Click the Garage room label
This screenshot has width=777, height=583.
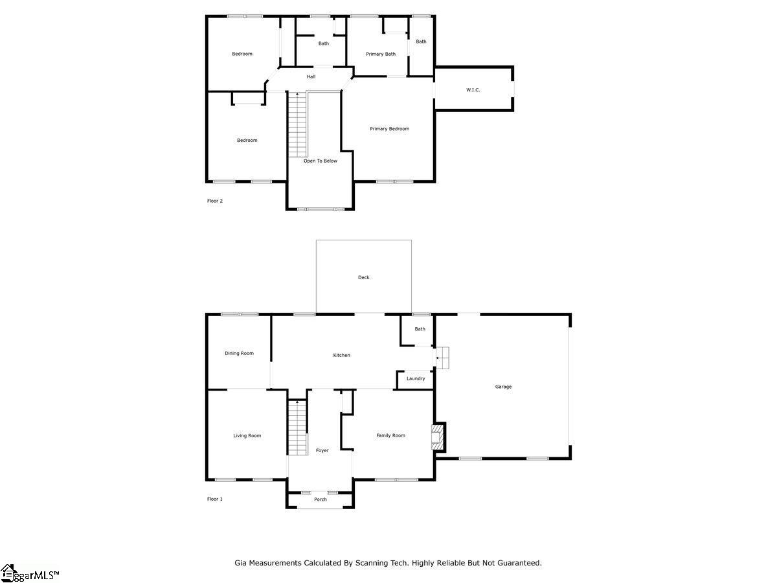pos(503,387)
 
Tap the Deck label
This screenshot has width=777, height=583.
pos(363,277)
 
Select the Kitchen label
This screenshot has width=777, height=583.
pos(341,355)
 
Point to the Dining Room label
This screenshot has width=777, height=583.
pos(239,353)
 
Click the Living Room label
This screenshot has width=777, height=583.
pos(247,436)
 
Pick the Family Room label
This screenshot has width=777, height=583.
pos(390,435)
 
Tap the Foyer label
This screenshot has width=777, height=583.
pos(322,451)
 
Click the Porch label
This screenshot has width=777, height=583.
pos(321,499)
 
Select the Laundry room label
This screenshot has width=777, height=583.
pos(416,378)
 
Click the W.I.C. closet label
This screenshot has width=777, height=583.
pos(473,90)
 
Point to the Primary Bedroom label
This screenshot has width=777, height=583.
pos(389,129)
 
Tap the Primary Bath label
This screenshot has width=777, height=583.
pos(381,54)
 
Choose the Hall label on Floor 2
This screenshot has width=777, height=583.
pos(311,76)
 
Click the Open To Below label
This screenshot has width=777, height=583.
pos(321,161)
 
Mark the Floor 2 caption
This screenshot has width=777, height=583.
pos(215,201)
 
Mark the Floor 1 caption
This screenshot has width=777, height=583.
pos(215,499)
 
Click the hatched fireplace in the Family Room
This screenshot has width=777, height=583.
pos(438,437)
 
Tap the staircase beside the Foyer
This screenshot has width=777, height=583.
pos(297,428)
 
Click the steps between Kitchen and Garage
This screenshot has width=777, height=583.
pos(442,358)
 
